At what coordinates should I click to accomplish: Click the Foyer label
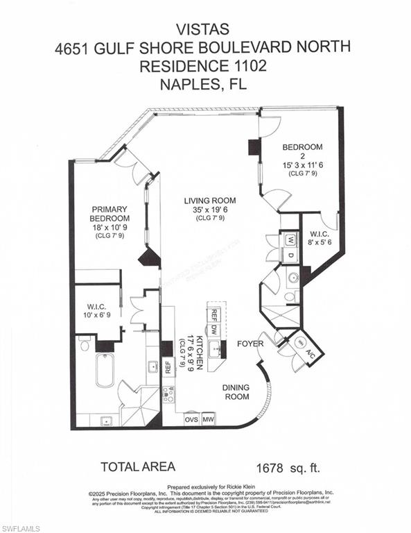coord(248,342)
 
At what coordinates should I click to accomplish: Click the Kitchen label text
coord(198,353)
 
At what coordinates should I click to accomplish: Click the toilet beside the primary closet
coord(85,343)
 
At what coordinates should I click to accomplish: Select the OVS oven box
coord(192,419)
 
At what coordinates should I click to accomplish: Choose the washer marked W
coord(290,240)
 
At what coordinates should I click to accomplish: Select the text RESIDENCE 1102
coord(204,67)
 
